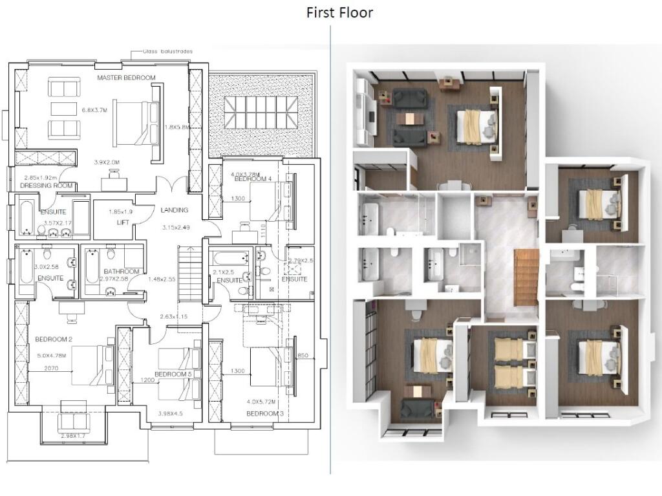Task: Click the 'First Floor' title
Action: (339, 12)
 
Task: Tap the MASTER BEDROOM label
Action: (126, 78)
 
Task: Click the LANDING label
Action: (175, 210)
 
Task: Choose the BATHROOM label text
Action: (123, 271)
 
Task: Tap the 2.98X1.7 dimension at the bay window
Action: (77, 437)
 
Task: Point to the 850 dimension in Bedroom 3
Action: (303, 356)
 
